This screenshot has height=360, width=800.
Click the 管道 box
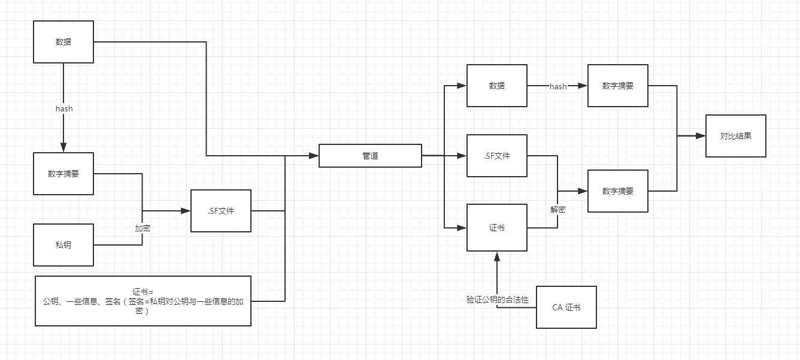[x=370, y=156]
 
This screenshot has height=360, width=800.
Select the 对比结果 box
[x=735, y=136]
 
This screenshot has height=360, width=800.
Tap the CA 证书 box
[x=566, y=307]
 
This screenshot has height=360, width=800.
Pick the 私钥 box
[x=63, y=245]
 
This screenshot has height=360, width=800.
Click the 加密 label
[x=143, y=228]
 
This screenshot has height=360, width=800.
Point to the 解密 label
[x=558, y=210]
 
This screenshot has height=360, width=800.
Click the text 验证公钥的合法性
[x=498, y=300]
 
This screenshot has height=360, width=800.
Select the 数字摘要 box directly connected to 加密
[x=63, y=174]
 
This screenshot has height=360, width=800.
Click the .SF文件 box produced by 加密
[x=220, y=211]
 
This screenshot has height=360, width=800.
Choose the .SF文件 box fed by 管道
[x=497, y=156]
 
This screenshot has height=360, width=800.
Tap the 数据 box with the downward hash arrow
[x=63, y=42]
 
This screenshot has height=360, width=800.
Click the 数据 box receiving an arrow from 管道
[x=497, y=86]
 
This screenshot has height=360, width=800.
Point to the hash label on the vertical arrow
[x=64, y=108]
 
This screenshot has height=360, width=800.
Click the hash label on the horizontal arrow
[x=558, y=86]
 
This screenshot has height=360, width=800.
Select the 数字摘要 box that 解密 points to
[x=617, y=191]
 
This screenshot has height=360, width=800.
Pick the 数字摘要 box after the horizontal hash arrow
[x=617, y=86]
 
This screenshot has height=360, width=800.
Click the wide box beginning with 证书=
[x=143, y=301]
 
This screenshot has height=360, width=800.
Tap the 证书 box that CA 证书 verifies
[x=497, y=228]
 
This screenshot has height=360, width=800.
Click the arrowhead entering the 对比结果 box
[x=701, y=136]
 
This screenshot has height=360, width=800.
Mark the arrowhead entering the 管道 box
[x=314, y=156]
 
